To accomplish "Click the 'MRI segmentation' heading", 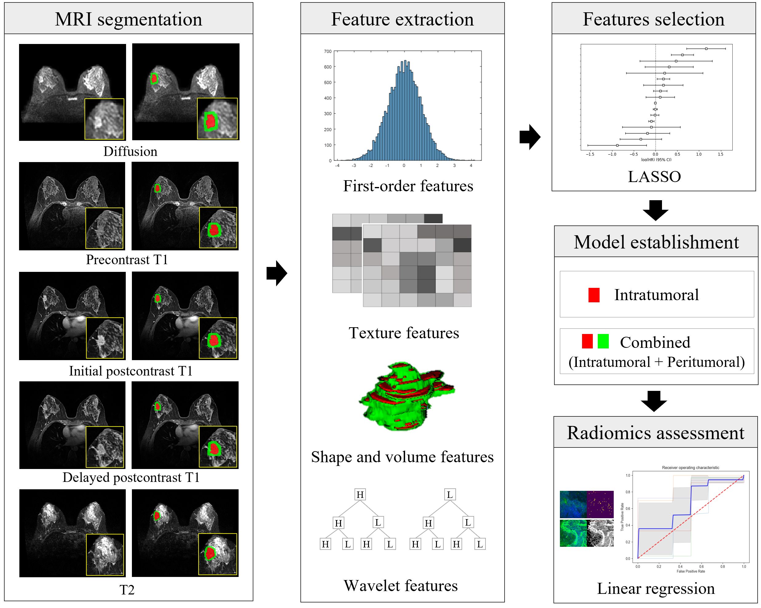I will (129, 19).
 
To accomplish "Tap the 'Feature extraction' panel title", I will (402, 19).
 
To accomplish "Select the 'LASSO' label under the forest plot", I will (654, 177).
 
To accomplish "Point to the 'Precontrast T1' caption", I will (127, 260).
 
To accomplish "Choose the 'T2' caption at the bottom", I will (127, 590).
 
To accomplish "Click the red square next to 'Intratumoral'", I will (594, 295).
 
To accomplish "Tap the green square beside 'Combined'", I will (603, 341).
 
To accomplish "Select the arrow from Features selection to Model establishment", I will (655, 210).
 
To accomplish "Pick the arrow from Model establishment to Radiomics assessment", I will (654, 401).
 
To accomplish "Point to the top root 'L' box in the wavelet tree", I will (449, 494).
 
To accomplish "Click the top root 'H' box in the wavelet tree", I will (360, 494).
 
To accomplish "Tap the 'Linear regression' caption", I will (656, 589).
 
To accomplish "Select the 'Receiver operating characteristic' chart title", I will (690, 467).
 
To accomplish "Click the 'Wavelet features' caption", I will (401, 586).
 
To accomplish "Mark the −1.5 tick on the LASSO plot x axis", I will (590, 154).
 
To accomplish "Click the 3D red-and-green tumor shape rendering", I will (406, 395).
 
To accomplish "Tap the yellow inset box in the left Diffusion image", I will (105, 119).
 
